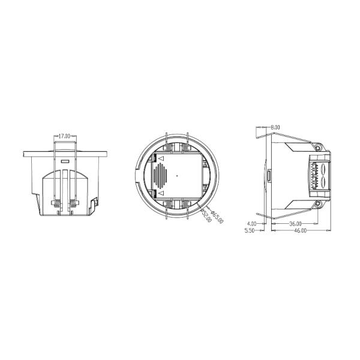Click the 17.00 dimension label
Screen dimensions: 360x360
[64, 136]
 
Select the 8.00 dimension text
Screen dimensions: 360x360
[275, 127]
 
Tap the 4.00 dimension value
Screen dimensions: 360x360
[251, 223]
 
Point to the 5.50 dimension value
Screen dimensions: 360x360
[250, 230]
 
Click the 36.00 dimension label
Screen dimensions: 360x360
[295, 223]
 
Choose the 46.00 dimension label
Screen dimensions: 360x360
[301, 230]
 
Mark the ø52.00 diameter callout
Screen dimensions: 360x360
[206, 215]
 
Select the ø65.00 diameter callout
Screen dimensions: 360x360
[217, 217]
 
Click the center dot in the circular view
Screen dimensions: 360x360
[177, 176]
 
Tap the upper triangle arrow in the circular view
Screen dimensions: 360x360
[161, 158]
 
